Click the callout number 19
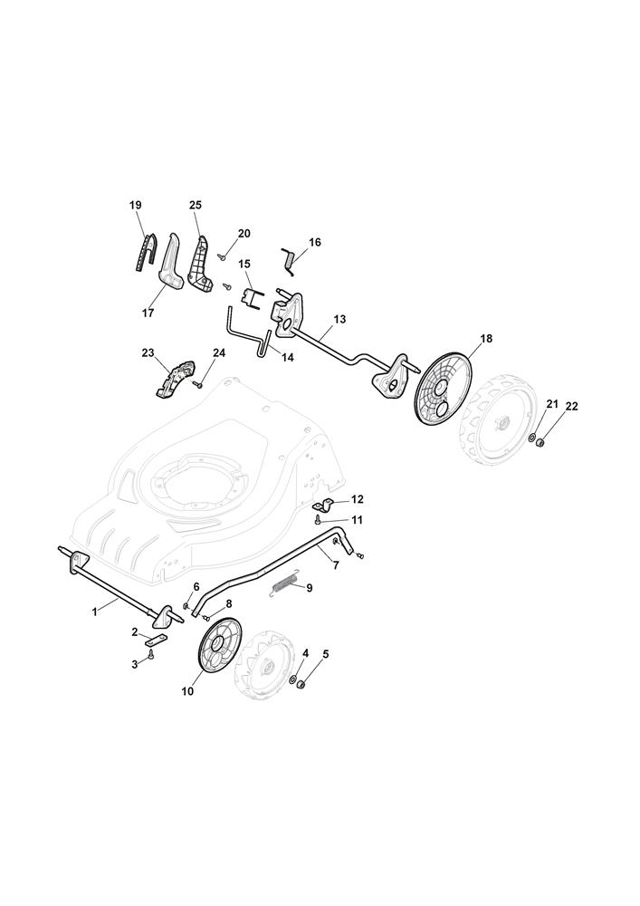[x=135, y=205]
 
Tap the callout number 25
[x=195, y=205]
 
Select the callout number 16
[x=314, y=242]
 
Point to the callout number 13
[x=339, y=319]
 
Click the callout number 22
[x=571, y=407]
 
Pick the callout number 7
[x=336, y=565]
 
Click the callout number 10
[x=187, y=691]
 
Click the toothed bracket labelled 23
[x=175, y=378]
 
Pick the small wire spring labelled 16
[x=289, y=261]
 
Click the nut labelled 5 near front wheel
[x=301, y=684]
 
